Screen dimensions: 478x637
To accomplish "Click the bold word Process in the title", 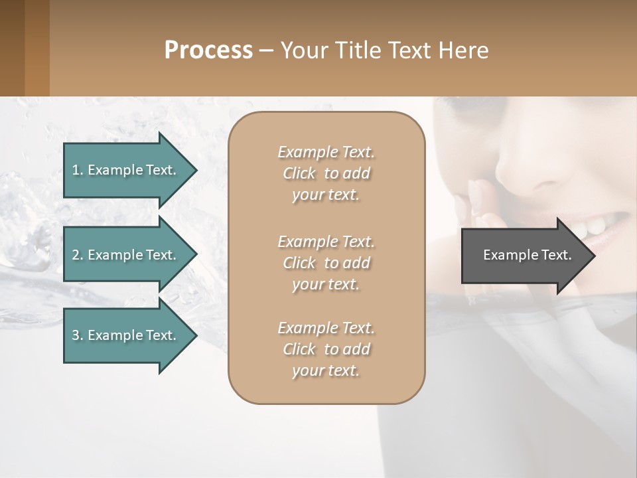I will (208, 50).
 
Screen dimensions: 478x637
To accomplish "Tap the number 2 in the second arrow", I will (76, 255).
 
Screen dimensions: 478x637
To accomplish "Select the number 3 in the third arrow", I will (76, 335).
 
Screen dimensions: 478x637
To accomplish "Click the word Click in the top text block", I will (299, 173).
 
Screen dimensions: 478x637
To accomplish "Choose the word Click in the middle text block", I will (299, 263).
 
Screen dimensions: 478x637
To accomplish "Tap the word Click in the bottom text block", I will (299, 349).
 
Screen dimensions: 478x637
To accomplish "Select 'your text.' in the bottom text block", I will (326, 370).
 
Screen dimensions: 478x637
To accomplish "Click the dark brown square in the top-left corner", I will (12, 48).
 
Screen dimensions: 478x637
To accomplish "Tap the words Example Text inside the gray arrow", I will (527, 255).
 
